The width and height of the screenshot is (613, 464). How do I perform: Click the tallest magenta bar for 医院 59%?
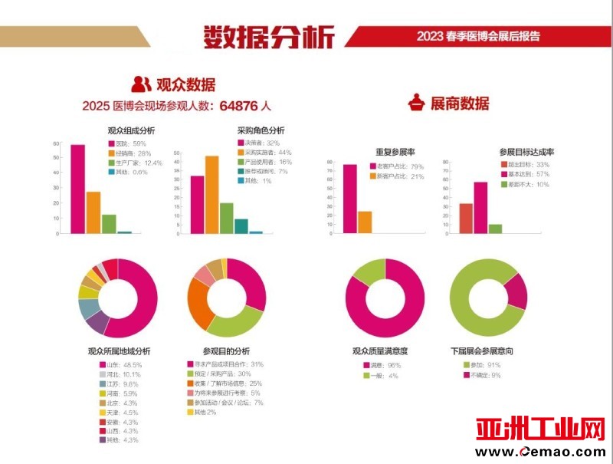point(77,188)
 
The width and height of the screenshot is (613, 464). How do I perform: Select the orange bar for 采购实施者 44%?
point(211,194)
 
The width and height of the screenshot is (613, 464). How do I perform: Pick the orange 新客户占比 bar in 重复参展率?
point(365,222)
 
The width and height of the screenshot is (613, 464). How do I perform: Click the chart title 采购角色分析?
point(261,130)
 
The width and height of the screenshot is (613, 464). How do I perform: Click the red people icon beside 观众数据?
point(141,84)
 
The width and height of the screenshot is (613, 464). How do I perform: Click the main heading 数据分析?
point(269,36)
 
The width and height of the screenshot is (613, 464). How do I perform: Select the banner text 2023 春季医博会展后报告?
point(478,36)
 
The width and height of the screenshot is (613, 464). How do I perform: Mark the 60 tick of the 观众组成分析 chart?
point(56,144)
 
